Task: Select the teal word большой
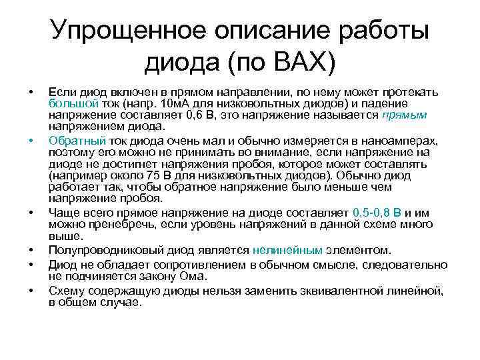coord(73,104)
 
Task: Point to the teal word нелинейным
coord(287,251)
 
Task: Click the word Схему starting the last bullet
coord(65,290)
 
